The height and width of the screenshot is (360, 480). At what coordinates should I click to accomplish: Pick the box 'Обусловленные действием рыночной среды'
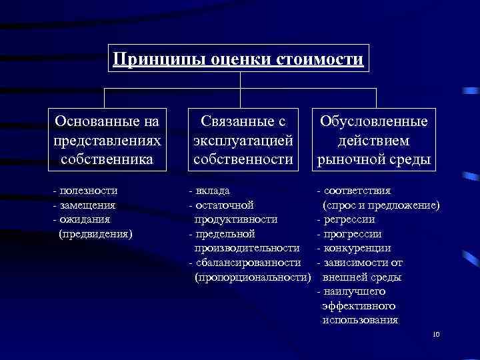(x=374, y=140)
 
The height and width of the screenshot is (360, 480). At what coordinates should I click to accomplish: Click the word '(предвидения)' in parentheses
(x=95, y=233)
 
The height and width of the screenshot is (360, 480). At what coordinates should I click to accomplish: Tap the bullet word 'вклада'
(x=214, y=191)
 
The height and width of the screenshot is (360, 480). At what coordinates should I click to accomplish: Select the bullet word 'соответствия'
(x=357, y=191)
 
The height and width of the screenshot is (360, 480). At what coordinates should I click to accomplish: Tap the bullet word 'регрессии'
(x=349, y=219)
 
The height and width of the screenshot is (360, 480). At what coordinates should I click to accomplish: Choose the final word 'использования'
(x=360, y=320)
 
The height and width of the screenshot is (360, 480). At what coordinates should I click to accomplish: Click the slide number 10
(x=437, y=334)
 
